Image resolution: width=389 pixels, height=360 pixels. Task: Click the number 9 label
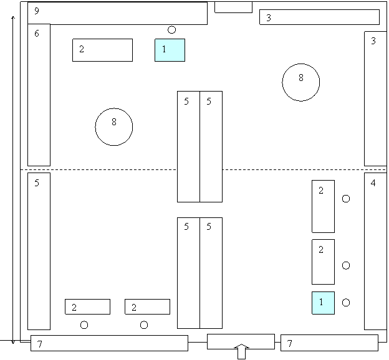pos(37,11)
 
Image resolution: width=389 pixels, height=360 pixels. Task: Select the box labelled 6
pos(39,95)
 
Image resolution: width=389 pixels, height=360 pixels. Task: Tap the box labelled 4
pos(375,251)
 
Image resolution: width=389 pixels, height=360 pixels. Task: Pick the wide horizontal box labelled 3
pos(320,17)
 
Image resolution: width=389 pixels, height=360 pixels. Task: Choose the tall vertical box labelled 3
pos(375,98)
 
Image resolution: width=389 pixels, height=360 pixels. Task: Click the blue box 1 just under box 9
pos(170,50)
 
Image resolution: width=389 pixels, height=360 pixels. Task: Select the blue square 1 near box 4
pos(324,303)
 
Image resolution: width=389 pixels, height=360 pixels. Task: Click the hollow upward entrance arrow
pos(241,351)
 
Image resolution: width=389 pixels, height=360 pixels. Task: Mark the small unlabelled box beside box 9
pos(233,7)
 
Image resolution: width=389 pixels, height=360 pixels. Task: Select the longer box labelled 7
pos(110,343)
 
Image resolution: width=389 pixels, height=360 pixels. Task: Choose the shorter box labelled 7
pos(329,343)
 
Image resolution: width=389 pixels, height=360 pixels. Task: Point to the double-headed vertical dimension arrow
pos(13,180)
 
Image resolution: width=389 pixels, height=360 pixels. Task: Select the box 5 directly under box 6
pos(39,251)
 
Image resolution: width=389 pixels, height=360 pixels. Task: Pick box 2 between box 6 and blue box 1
pos(102,50)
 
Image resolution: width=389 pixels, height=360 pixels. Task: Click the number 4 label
pos(373,183)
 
